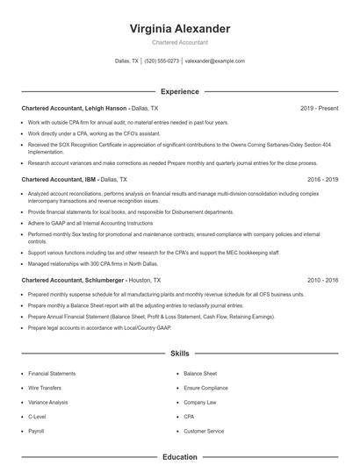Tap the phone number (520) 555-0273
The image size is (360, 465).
(x=162, y=61)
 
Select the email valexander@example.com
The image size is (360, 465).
(x=215, y=61)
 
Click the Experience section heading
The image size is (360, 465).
(x=179, y=91)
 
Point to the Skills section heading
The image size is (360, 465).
(x=179, y=354)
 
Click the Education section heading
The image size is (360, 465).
(x=179, y=456)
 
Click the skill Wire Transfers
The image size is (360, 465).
(x=44, y=388)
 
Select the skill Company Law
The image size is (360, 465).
(x=200, y=402)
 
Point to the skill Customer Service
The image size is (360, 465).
(x=203, y=431)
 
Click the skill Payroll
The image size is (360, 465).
(x=36, y=431)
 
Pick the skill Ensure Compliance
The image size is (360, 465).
(x=205, y=388)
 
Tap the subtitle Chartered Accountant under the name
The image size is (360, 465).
(x=179, y=41)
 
